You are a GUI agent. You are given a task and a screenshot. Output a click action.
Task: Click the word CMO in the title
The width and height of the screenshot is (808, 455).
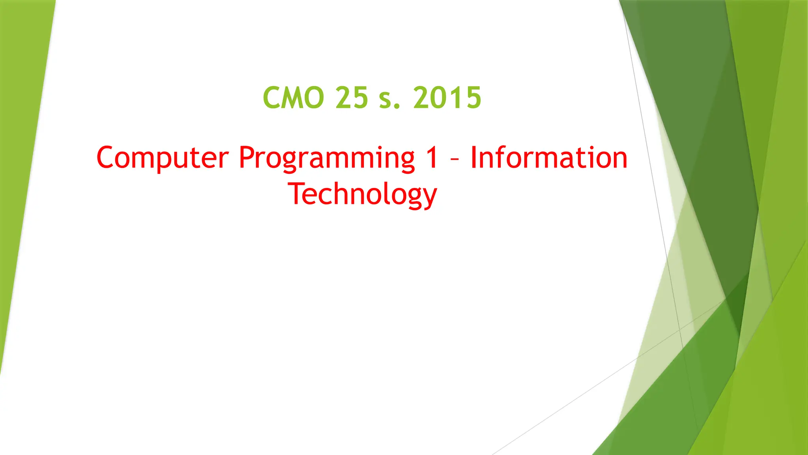(x=293, y=98)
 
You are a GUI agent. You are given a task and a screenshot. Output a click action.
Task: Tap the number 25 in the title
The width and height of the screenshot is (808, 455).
(x=352, y=98)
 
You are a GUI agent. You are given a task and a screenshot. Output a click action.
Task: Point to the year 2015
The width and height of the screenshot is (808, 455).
(x=447, y=98)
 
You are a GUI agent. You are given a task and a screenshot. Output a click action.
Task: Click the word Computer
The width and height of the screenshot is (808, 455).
(x=162, y=158)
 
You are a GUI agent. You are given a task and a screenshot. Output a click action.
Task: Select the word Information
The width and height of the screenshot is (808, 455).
(x=549, y=157)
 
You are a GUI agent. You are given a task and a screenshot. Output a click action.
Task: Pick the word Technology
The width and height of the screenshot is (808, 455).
(x=362, y=194)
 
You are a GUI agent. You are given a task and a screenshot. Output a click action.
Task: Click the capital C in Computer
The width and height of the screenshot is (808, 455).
(x=107, y=157)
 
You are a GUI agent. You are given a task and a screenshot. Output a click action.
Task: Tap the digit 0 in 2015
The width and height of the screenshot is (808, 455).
(x=438, y=98)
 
